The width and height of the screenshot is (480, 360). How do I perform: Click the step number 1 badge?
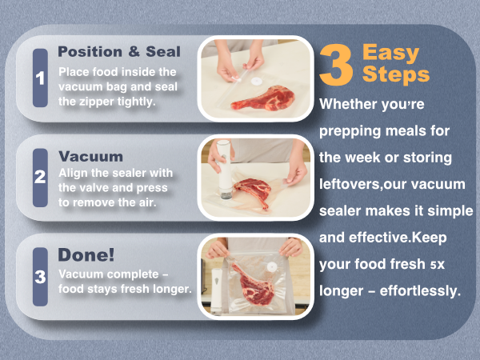point(40,78)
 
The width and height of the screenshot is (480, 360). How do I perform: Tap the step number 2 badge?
point(40,178)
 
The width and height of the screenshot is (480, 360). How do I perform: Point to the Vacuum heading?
point(90,156)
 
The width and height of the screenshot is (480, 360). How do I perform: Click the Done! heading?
point(86,255)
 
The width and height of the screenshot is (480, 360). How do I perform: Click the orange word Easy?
point(390,54)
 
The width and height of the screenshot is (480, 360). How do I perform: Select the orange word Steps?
point(395,75)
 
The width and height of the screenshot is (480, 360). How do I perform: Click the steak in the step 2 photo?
point(253,193)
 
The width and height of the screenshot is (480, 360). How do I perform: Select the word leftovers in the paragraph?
point(350,183)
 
